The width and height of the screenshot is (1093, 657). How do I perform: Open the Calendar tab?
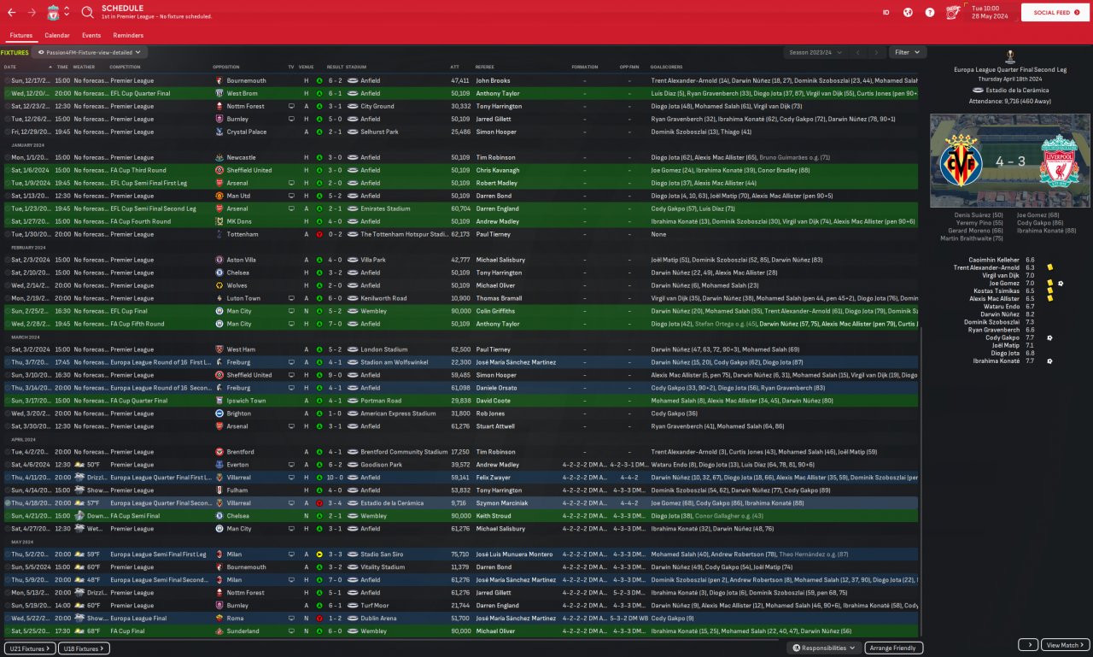coord(57,35)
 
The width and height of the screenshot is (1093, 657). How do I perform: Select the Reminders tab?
coord(128,35)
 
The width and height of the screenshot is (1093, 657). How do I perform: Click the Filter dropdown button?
coord(907,52)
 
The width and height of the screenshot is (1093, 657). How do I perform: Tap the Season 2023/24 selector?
coord(815,52)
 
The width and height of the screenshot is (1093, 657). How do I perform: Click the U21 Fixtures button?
coord(31,648)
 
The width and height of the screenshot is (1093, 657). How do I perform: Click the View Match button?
coord(1066,645)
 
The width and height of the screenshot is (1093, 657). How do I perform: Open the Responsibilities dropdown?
coord(824,648)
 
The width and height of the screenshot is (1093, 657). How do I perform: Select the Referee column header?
coord(484,67)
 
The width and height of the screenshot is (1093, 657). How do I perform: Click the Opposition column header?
coord(226,67)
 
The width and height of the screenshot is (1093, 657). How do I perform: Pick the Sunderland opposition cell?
coord(243,631)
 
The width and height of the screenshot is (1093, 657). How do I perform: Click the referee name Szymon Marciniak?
coord(501,503)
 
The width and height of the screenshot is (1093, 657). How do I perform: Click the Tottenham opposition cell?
coord(243,234)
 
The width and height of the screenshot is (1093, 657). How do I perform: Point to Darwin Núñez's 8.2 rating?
coord(1030,314)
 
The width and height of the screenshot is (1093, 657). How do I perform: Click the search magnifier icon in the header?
coord(88,13)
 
